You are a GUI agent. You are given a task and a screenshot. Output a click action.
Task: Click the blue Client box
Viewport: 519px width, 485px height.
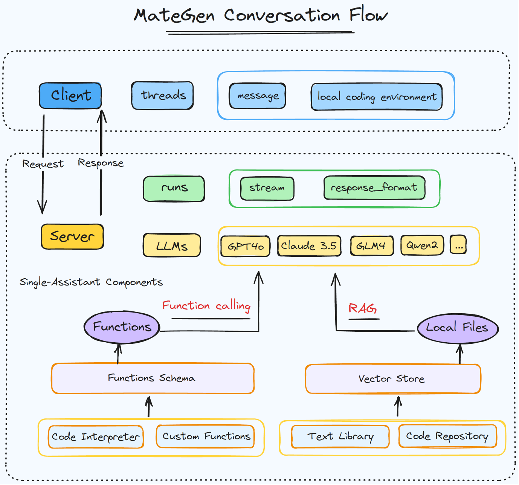(70, 96)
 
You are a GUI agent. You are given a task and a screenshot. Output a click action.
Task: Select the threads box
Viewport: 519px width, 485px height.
(163, 95)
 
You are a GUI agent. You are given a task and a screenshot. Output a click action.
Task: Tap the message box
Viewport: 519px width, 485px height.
(257, 96)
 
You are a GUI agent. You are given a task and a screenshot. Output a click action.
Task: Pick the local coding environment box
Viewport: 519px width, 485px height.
(377, 97)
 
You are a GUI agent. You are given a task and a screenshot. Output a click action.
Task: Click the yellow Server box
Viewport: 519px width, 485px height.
(72, 236)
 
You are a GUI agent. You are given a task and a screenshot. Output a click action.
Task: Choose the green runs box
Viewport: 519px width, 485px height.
(174, 189)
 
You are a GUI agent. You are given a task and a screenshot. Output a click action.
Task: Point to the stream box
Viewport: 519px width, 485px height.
(267, 189)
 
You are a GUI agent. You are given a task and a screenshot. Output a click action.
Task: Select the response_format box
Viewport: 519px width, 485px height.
(374, 188)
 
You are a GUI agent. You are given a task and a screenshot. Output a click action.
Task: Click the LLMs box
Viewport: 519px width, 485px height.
(172, 246)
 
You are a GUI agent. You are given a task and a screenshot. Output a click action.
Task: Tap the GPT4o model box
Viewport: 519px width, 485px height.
(246, 246)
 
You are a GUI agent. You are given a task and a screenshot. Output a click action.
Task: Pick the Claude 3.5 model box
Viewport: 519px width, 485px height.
(309, 246)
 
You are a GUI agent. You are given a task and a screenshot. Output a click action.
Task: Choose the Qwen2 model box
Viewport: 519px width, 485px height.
(422, 245)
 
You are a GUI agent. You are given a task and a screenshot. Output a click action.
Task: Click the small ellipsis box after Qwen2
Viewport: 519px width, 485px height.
(458, 245)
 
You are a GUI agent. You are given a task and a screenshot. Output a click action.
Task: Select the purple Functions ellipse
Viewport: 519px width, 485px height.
(122, 327)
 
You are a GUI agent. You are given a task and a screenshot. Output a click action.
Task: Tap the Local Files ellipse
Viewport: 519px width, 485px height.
(458, 328)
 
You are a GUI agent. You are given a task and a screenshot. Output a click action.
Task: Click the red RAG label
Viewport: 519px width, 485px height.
(362, 309)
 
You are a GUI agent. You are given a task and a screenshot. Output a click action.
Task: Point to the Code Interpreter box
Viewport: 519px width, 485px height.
(96, 437)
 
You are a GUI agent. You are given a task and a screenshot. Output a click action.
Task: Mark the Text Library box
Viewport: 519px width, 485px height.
(340, 437)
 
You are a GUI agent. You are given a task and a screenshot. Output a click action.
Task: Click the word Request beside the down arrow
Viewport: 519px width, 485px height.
(43, 164)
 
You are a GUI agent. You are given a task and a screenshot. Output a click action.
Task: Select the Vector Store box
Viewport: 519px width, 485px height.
(393, 379)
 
